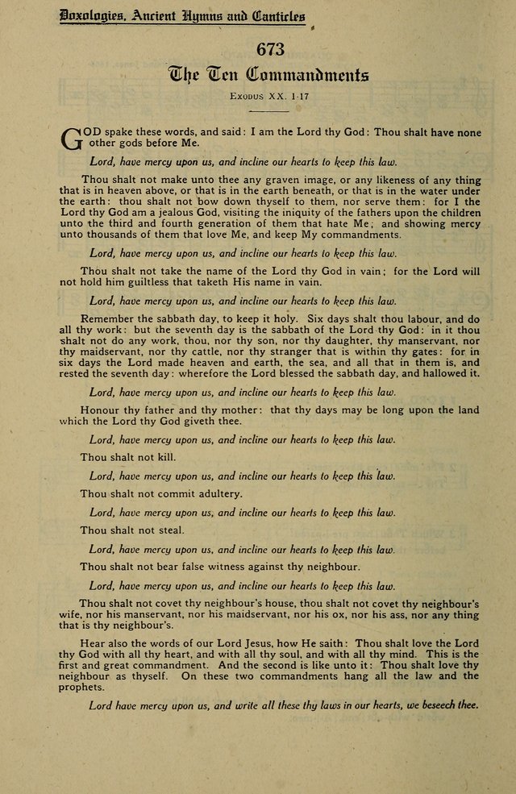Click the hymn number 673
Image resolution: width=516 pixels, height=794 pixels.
[271, 49]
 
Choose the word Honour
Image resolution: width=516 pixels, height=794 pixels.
[101, 410]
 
